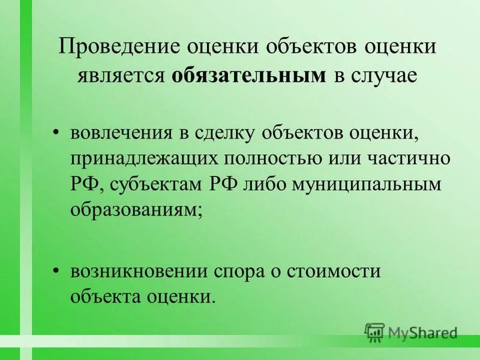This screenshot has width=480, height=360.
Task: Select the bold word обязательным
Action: click(249, 76)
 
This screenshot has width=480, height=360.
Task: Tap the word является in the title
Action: click(119, 76)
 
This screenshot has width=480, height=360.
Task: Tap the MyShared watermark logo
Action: click(412, 331)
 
